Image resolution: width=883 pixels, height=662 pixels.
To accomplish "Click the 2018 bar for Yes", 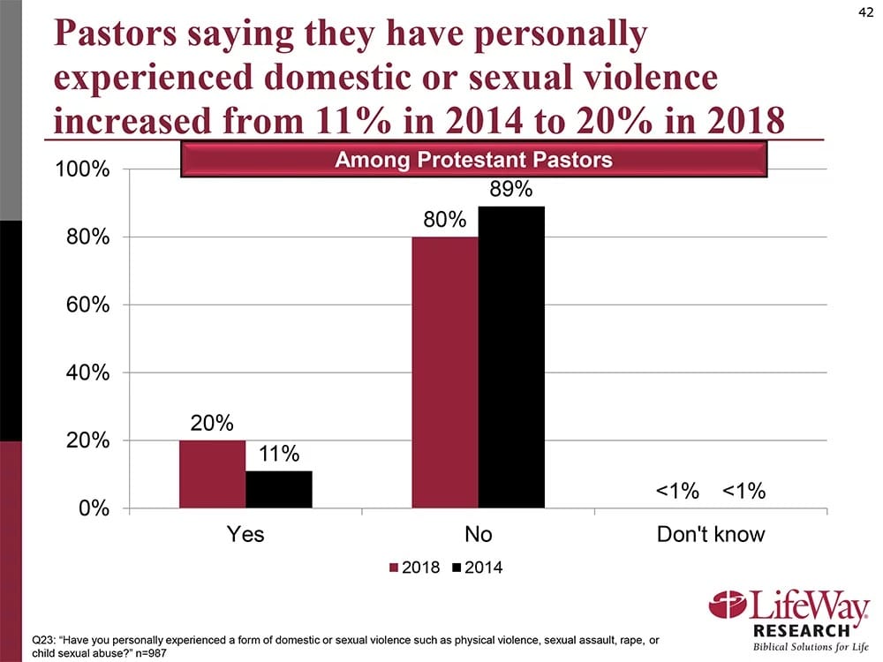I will tap(212, 474).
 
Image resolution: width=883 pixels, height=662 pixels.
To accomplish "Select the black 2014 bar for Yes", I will tap(279, 489).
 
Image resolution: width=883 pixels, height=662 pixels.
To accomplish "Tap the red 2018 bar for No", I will tap(445, 372).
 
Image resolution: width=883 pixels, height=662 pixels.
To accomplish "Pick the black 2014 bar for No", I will tap(511, 357).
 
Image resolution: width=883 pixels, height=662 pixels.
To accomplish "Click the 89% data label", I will tap(511, 190).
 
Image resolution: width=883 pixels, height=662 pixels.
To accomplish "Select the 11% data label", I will tap(279, 455).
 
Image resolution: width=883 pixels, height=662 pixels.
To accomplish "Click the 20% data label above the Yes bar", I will tap(212, 424).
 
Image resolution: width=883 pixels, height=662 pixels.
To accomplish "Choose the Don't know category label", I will tap(711, 535).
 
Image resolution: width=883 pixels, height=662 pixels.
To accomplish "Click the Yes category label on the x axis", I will tap(245, 535).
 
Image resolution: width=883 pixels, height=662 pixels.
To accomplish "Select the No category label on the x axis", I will tap(478, 535).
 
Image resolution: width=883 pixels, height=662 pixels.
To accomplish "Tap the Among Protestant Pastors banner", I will tap(475, 161).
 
